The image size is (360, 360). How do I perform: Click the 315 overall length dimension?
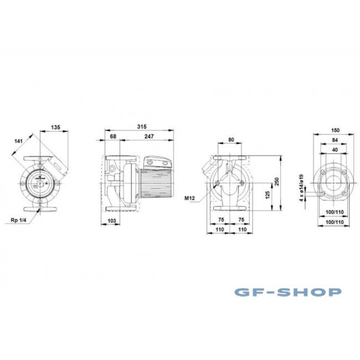[142, 126]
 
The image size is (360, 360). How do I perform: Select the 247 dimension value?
[149, 136]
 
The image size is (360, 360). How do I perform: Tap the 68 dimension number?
[113, 136]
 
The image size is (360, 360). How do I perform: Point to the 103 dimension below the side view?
[112, 221]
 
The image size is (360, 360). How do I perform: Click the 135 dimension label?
[55, 127]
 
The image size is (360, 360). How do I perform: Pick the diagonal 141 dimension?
[18, 141]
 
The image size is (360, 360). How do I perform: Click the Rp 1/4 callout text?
[18, 220]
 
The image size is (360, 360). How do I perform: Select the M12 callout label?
[189, 198]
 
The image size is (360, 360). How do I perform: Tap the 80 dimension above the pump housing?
[231, 140]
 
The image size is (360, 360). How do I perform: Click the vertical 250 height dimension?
[277, 182]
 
